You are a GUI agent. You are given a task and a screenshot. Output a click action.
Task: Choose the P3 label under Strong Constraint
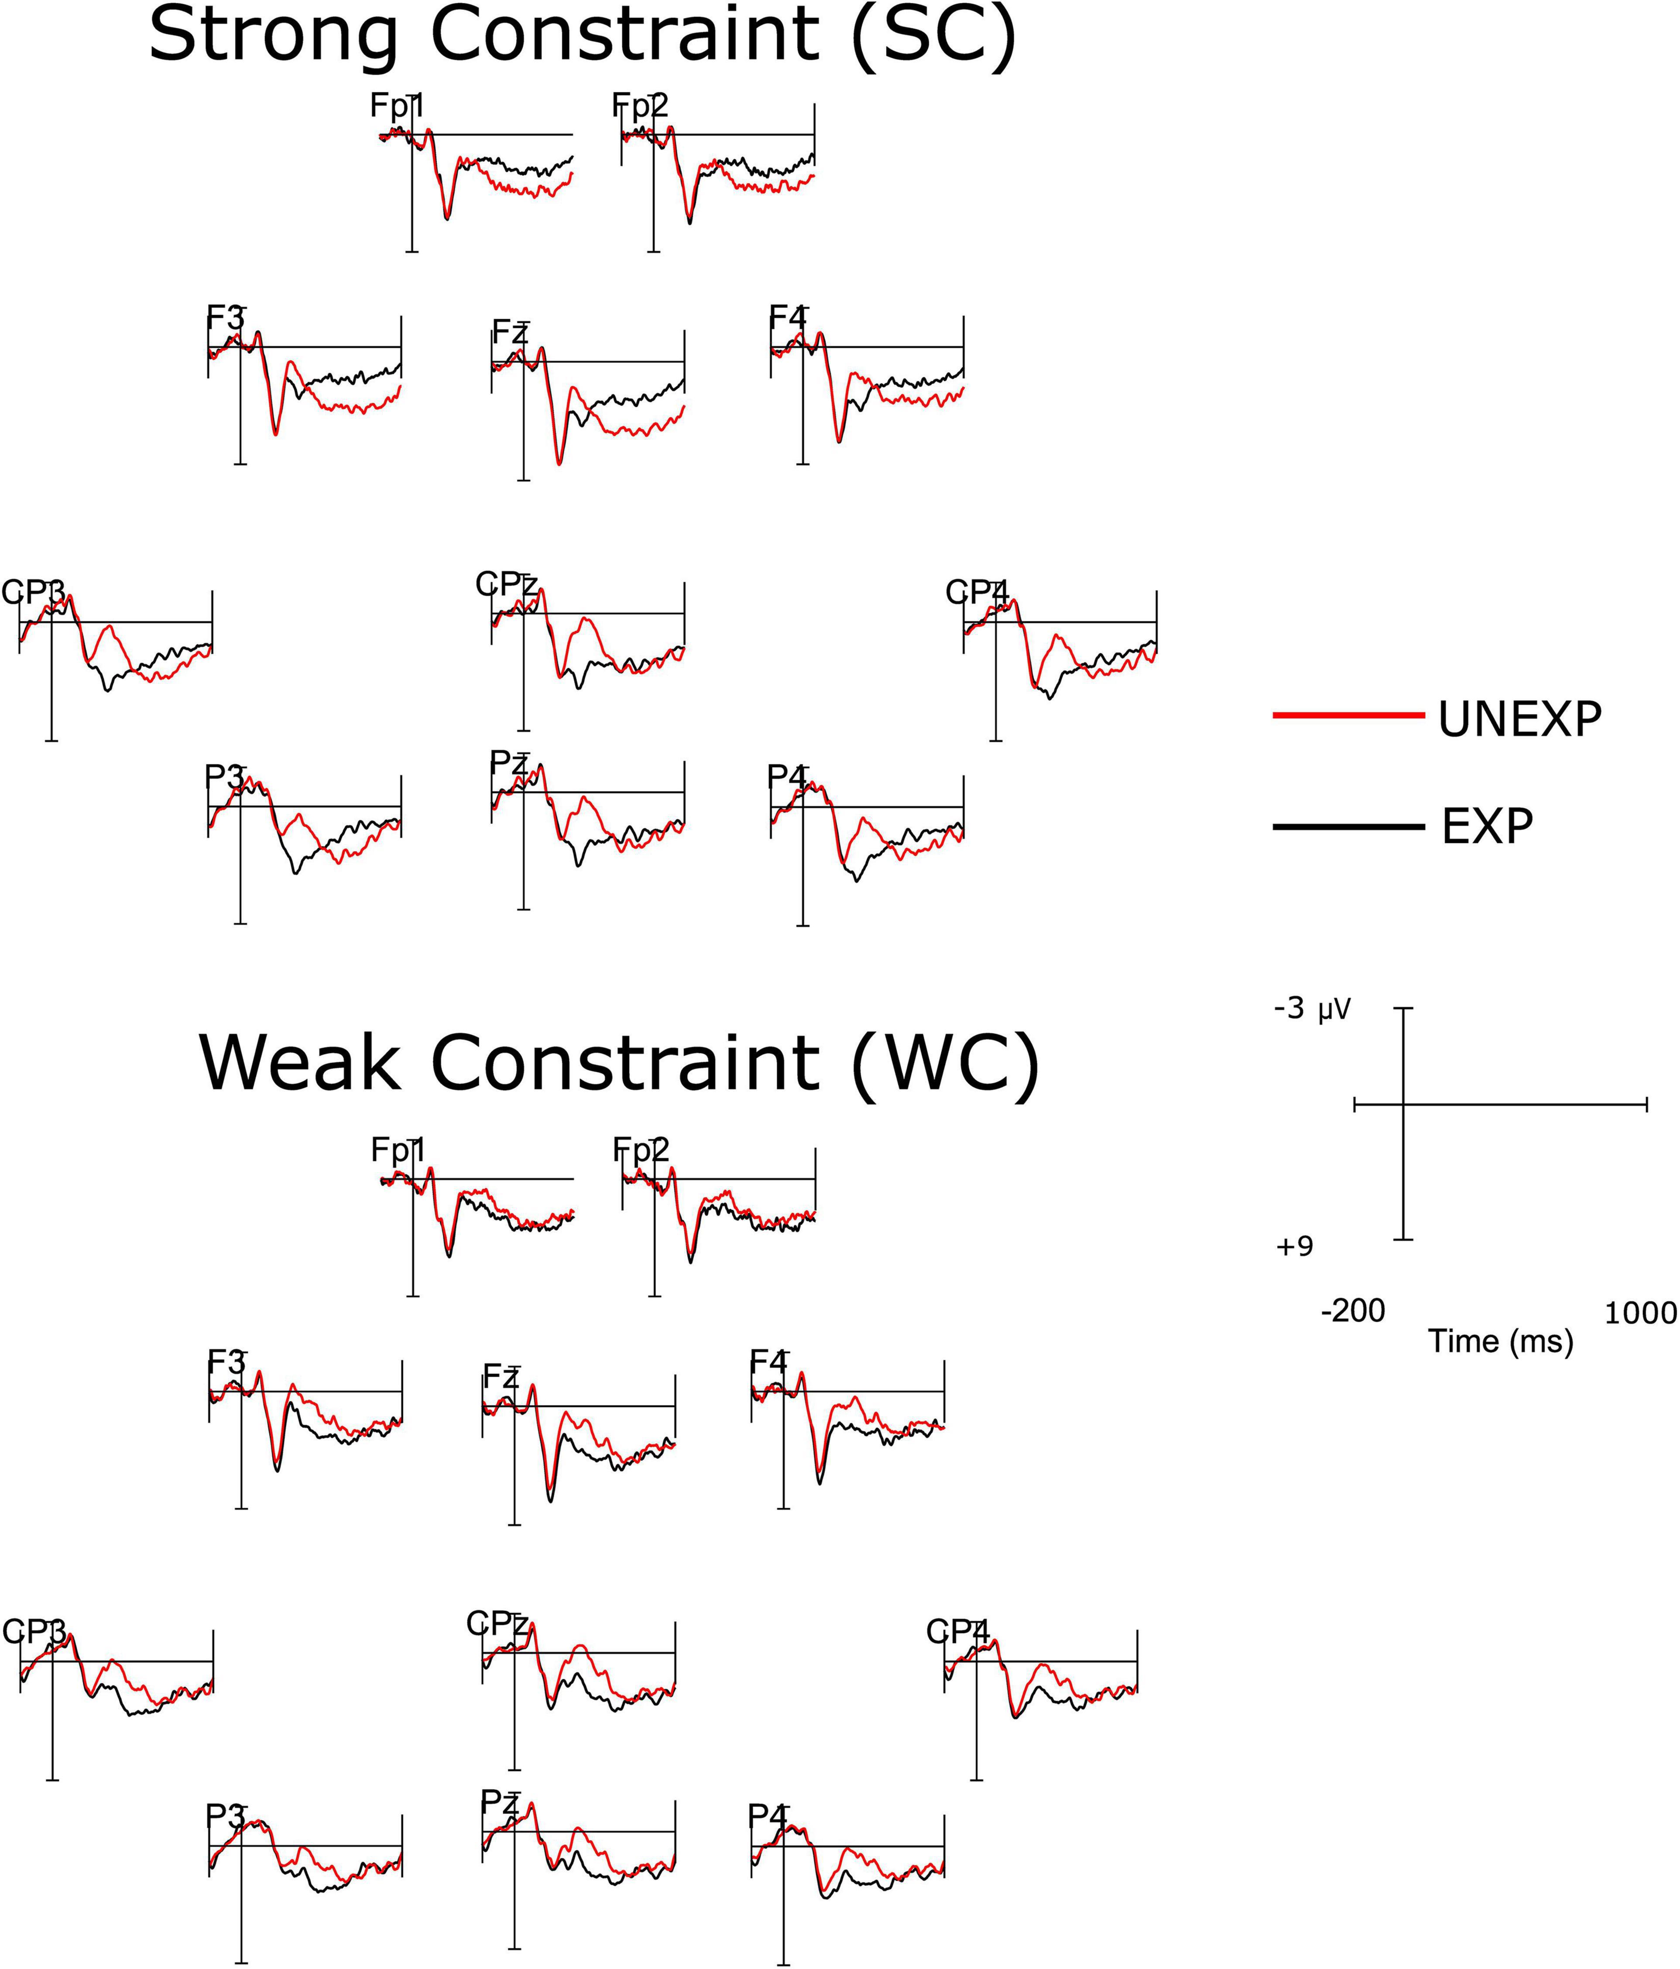[225, 777]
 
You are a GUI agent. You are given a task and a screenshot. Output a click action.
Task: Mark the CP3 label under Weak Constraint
[34, 1631]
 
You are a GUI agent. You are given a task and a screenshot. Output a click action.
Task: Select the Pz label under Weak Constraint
[500, 1801]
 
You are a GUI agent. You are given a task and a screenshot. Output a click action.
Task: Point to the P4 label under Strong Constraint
[787, 777]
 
